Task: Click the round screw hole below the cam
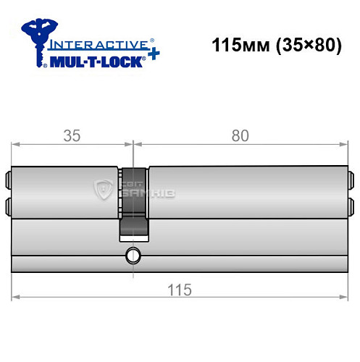[x=132, y=255]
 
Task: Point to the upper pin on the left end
[x=10, y=178]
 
